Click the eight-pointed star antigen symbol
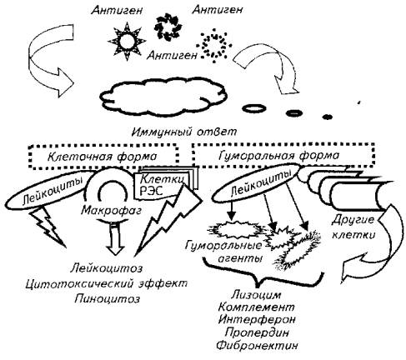(127, 42)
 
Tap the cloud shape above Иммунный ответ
(163, 96)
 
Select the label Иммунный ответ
(185, 132)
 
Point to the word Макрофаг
(111, 210)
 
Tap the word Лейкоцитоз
(107, 268)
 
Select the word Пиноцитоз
(108, 299)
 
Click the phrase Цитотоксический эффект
(107, 283)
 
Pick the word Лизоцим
(257, 294)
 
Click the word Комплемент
(256, 307)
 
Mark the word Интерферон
(257, 319)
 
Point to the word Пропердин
(257, 332)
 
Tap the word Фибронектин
(257, 345)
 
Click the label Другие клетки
(353, 227)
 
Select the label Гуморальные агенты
(224, 252)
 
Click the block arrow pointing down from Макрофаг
(116, 239)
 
